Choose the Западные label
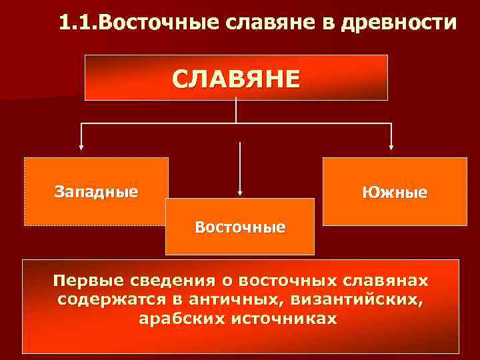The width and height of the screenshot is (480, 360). (x=96, y=193)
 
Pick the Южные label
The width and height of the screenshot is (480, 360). (x=395, y=193)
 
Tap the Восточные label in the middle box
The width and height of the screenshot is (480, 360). (x=240, y=227)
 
